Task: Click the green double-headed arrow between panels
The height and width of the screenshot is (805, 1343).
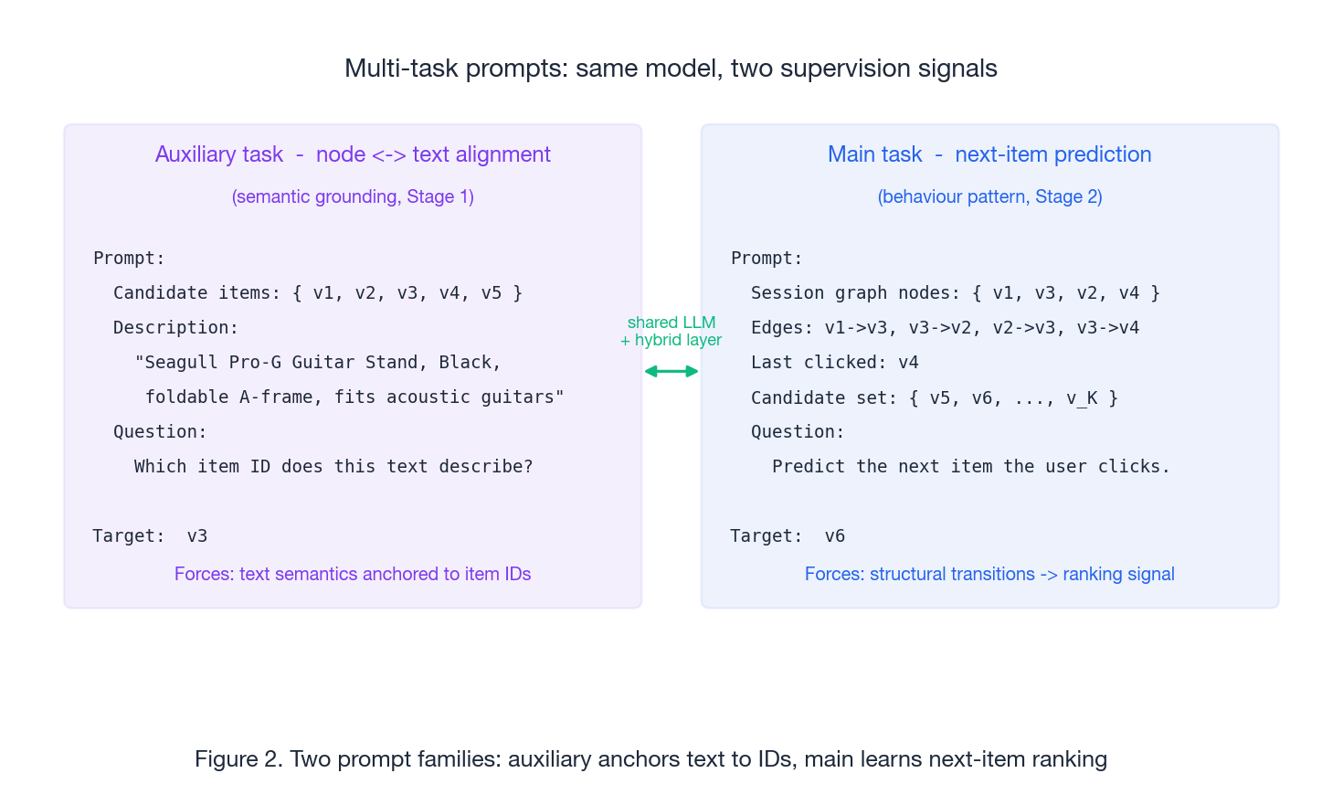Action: tap(671, 371)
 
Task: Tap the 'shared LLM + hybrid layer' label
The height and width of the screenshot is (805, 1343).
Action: tap(671, 331)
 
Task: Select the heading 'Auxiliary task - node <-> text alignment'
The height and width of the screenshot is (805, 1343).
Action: tap(353, 154)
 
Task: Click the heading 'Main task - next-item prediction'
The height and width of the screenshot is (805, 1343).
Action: tap(989, 154)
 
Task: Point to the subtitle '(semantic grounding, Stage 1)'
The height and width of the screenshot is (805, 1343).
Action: tap(353, 196)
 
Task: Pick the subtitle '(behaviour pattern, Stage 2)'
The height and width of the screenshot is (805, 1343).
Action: tap(989, 196)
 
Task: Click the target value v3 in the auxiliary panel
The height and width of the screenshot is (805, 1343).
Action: tap(196, 536)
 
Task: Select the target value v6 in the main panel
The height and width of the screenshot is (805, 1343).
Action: tap(834, 536)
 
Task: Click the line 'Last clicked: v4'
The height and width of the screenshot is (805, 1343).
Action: tap(834, 363)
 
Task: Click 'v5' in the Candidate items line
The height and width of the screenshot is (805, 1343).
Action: tap(492, 293)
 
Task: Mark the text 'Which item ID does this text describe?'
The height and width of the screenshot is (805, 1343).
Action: tap(333, 467)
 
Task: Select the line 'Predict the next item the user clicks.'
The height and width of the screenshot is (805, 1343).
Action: tap(970, 467)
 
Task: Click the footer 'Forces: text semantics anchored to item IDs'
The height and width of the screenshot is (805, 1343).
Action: tap(353, 574)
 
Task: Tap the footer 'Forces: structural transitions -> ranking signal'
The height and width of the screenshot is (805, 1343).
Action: tap(989, 574)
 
